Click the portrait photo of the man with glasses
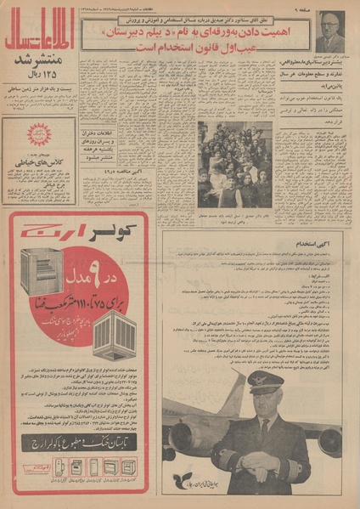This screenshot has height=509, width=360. [x=330, y=31]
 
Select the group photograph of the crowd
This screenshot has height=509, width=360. [x=234, y=163]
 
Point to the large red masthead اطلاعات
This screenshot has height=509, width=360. [x=39, y=37]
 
